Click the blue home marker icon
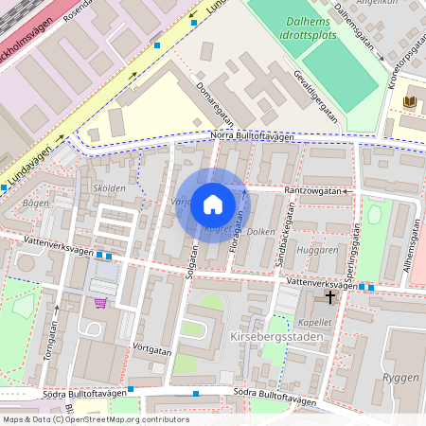[213, 204]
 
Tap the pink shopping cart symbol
[100, 303]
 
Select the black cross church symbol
[330, 297]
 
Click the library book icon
[409, 101]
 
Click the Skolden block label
[109, 187]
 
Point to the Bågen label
[35, 203]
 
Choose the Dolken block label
[261, 231]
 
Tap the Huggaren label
[316, 250]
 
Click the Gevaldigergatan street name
[315, 97]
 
